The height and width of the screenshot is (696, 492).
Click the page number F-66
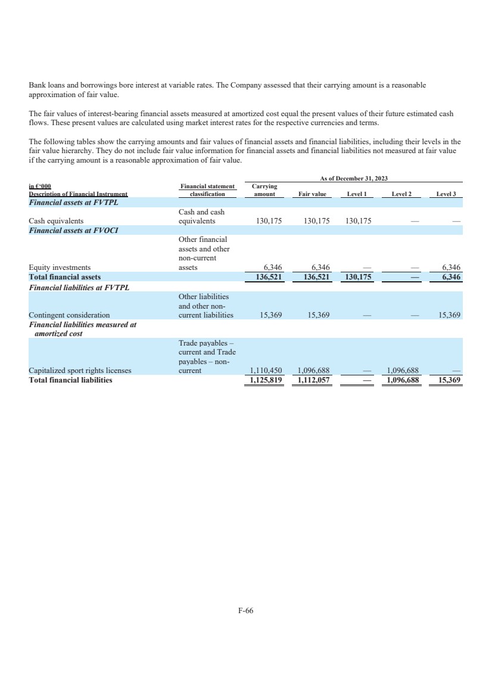[x=246, y=610]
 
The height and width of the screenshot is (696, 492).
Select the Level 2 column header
[x=403, y=194]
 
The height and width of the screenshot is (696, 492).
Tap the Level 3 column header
[x=446, y=194]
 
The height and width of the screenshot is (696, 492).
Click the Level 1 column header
[x=356, y=194]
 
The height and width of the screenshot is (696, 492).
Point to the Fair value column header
[x=311, y=194]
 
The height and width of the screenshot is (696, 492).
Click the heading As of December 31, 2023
[x=354, y=178]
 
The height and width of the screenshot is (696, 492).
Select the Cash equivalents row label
[x=56, y=221]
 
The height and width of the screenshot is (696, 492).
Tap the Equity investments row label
[x=60, y=268]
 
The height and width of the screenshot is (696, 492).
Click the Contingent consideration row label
[x=69, y=315]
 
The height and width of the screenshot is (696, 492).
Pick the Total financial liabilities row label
[x=70, y=380]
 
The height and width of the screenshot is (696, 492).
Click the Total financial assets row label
[x=65, y=277]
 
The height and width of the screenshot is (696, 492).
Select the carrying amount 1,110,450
[x=264, y=371]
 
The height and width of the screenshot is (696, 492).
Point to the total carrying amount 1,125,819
[x=264, y=380]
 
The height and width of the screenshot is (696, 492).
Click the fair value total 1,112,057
[x=313, y=380]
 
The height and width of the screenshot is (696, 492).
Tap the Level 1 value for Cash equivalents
[x=359, y=221]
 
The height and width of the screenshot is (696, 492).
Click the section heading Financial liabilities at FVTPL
[x=79, y=287]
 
